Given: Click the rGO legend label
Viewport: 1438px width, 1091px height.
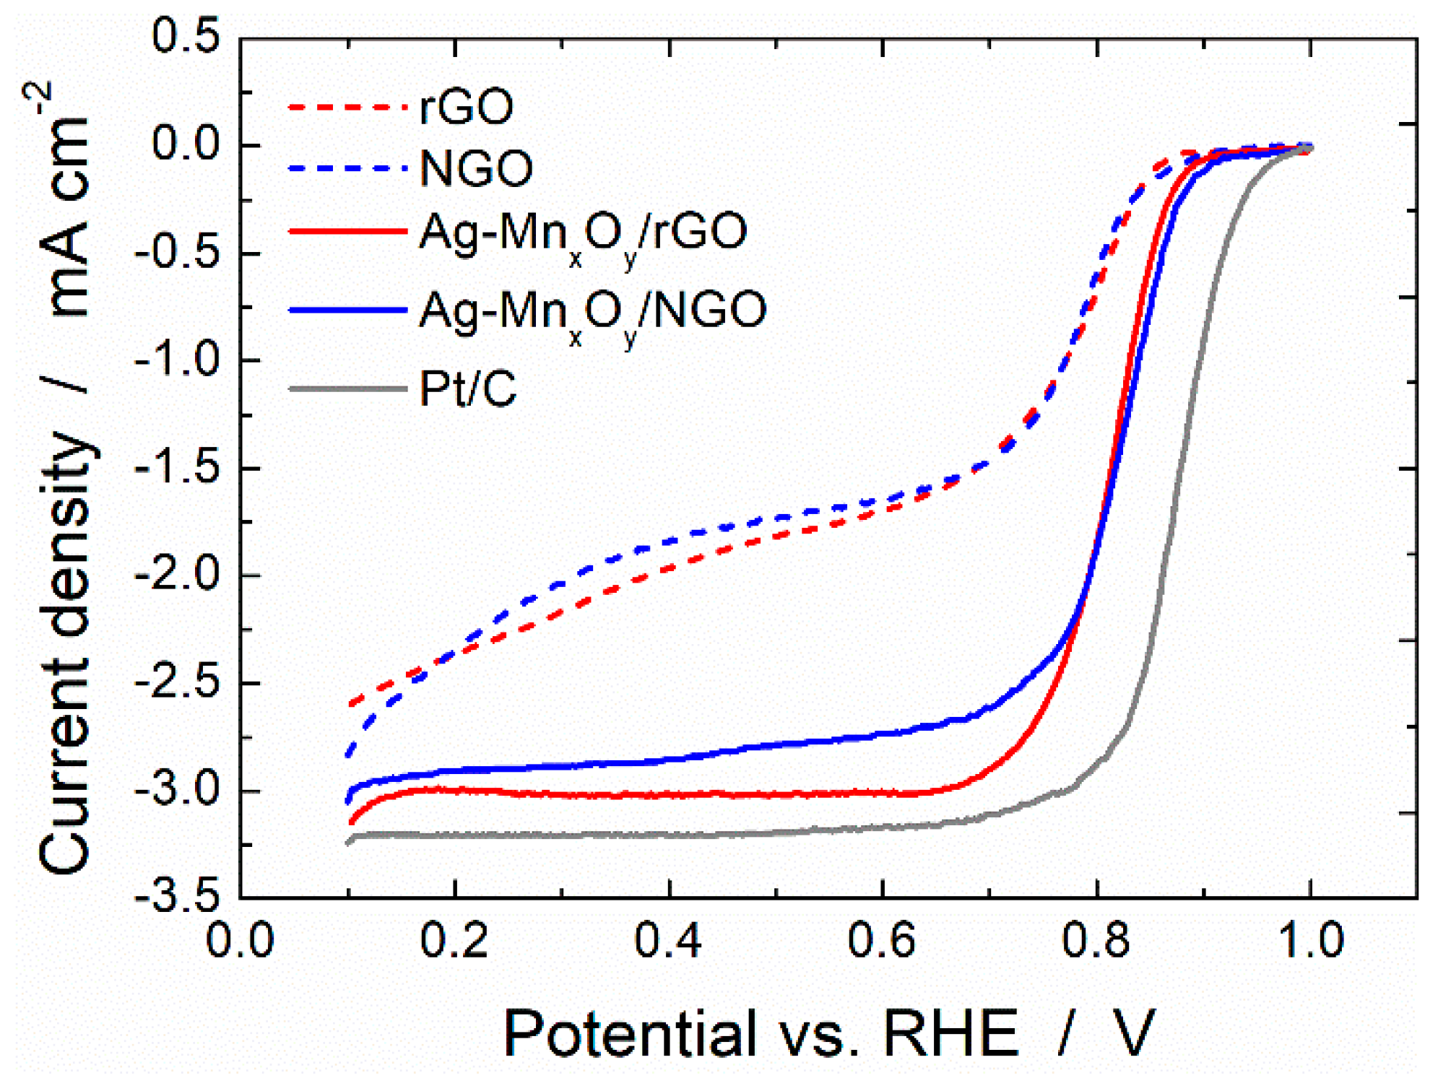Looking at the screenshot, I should tap(466, 107).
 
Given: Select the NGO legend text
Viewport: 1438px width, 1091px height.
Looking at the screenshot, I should tap(476, 168).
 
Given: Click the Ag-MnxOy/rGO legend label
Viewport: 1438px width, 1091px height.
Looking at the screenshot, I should tap(582, 232).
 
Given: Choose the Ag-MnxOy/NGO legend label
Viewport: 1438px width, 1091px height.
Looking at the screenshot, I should tap(592, 310).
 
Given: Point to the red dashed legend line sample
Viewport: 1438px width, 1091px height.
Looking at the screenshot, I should tap(347, 107).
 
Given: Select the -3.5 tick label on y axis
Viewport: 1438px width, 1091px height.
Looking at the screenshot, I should tap(177, 897).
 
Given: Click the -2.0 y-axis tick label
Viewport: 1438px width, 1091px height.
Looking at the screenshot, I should tap(177, 575).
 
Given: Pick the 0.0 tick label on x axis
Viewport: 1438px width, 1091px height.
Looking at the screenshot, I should tap(240, 940).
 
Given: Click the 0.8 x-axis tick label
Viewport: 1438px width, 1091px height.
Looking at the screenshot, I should tap(1096, 940).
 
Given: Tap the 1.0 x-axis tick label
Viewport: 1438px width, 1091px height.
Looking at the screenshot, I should tap(1309, 940).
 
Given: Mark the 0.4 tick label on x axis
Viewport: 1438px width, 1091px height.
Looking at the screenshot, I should tap(668, 940).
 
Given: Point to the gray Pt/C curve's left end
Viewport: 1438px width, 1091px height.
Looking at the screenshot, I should tap(349, 842).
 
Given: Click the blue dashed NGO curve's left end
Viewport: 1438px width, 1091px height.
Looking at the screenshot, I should tap(349, 755).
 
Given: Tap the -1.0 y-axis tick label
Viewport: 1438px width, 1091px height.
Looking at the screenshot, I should tap(177, 360).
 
